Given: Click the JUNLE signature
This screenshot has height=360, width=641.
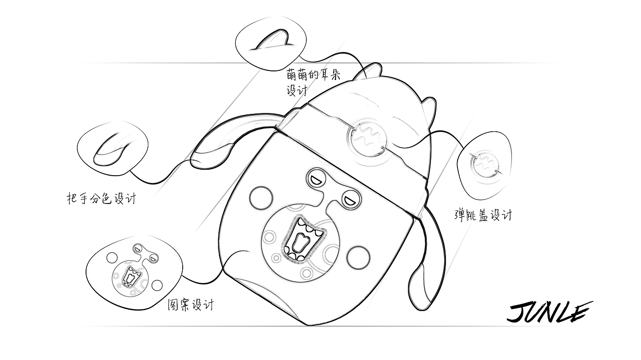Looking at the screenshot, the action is click(549, 313).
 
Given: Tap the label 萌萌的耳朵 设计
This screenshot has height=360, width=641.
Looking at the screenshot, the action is click(313, 83).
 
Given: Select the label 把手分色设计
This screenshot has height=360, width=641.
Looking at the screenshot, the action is click(101, 199).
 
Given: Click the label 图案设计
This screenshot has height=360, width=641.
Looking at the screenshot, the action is click(190, 305).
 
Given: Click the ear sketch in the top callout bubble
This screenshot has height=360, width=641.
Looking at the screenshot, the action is click(272, 40).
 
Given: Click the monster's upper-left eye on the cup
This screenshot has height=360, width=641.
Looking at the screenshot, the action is click(316, 179).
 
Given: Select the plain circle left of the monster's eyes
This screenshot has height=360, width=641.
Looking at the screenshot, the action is click(261, 198).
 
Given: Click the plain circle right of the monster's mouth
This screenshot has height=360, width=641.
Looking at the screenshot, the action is click(358, 258).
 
